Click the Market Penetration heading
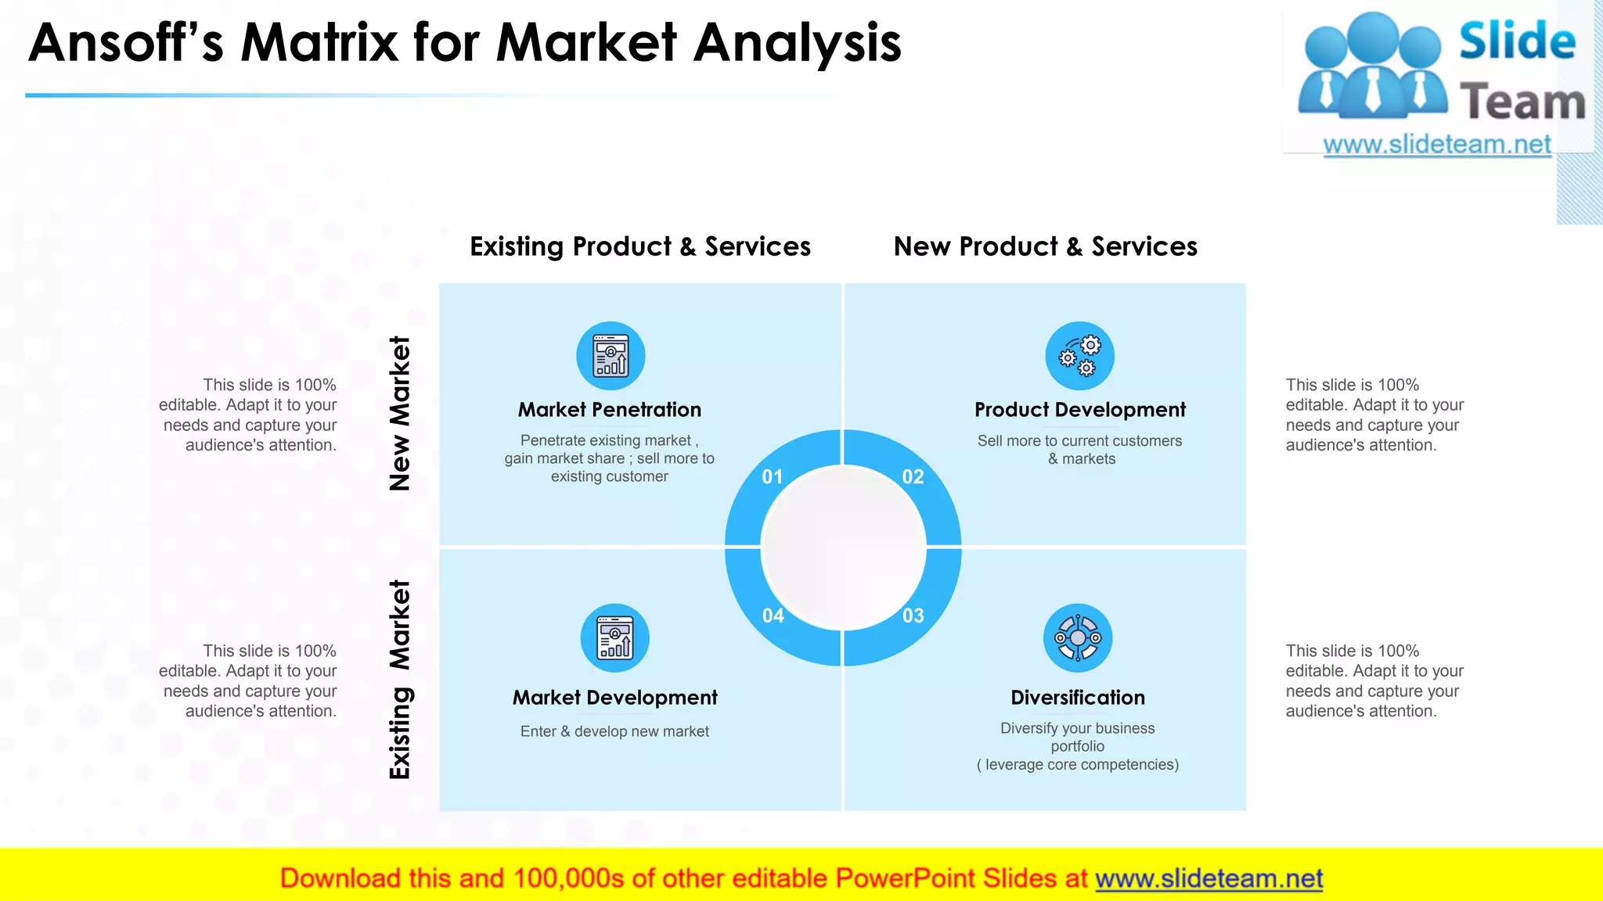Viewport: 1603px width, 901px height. (609, 410)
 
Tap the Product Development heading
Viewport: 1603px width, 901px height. (1079, 410)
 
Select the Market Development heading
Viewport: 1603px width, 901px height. (614, 698)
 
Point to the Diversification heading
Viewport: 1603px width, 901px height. (1078, 698)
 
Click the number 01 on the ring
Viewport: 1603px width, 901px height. (773, 477)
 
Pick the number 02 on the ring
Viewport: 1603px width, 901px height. (913, 477)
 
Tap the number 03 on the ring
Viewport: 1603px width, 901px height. (913, 616)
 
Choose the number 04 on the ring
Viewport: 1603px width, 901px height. (773, 616)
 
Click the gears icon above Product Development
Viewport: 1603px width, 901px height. (1079, 356)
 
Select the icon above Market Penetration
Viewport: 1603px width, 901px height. (611, 356)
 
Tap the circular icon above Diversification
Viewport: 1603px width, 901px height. (1078, 638)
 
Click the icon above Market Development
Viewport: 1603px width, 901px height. (614, 638)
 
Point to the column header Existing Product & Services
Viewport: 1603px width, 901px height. (639, 246)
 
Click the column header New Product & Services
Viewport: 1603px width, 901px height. (1045, 246)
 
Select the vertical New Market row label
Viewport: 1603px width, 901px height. (400, 413)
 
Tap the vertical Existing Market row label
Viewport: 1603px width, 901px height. (400, 679)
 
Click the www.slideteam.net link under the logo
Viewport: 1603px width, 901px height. (1436, 145)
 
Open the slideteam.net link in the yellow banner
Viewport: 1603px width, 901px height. (1209, 879)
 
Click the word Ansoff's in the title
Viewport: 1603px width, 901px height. (125, 43)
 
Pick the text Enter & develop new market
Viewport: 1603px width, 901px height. (614, 731)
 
